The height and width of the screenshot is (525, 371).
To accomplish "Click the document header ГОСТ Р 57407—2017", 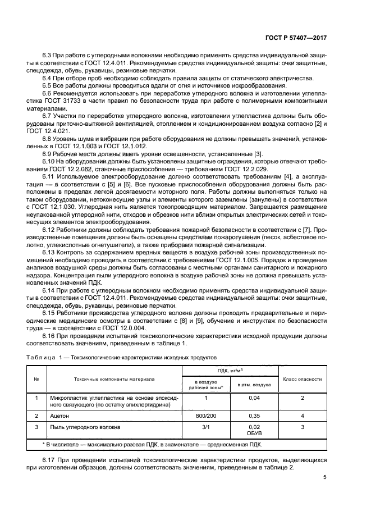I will coord(295,38).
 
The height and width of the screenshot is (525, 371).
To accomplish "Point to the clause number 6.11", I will coord(50,177).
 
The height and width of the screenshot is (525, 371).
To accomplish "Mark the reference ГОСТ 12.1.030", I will coord(70,207).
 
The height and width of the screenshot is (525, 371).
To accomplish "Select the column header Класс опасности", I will coord(302,379).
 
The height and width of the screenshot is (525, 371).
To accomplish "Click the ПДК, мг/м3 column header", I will coord(231,371).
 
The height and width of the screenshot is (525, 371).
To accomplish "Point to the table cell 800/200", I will coord(206,416).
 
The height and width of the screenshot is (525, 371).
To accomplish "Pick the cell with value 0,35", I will coord(255,416).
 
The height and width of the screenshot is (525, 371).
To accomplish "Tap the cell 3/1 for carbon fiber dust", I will coord(206,427).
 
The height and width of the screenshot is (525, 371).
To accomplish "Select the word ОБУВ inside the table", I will coord(255,433).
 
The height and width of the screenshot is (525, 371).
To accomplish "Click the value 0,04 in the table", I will coord(255,398).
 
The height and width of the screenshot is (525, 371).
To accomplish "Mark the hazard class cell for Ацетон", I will coord(302,416).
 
